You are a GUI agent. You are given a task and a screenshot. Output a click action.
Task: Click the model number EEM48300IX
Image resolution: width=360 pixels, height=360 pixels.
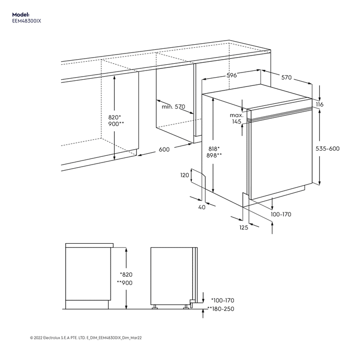(26, 21)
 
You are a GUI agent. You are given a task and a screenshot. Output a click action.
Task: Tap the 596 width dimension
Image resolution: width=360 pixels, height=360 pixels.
(231, 75)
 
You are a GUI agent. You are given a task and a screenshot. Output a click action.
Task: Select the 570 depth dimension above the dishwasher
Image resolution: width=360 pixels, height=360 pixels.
(286, 78)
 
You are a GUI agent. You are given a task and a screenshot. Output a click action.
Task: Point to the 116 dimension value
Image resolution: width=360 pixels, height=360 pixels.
(319, 104)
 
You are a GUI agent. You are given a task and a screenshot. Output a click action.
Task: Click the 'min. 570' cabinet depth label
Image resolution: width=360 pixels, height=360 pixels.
(173, 106)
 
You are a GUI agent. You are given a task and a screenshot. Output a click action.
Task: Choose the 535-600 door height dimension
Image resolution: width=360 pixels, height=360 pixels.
(328, 148)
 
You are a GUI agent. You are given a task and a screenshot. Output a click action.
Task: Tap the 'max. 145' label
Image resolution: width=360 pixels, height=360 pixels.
(236, 119)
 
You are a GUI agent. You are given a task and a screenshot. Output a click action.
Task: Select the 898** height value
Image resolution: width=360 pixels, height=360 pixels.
(214, 155)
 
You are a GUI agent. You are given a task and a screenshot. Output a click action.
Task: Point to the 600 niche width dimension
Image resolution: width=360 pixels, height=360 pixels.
(164, 150)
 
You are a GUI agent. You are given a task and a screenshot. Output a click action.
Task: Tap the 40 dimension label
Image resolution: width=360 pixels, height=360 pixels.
(202, 207)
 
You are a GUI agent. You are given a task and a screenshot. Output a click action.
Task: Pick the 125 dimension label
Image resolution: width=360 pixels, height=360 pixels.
(244, 227)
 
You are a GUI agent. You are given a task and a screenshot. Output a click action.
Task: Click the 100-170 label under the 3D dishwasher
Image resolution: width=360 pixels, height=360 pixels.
(281, 214)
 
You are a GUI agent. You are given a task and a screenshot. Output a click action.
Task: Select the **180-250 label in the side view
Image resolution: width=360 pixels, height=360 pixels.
(221, 309)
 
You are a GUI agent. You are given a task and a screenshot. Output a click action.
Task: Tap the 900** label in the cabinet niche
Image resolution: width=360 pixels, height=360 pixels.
(116, 124)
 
